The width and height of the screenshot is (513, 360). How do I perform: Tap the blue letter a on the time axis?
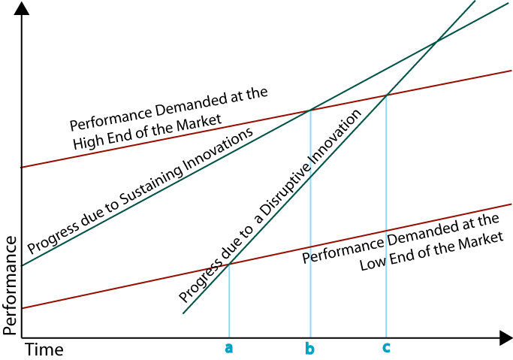tap(228, 348)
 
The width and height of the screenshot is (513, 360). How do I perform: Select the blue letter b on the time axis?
tap(309, 348)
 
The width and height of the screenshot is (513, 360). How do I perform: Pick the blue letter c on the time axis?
tap(386, 348)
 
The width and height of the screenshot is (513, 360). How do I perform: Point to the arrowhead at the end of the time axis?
tap(505, 338)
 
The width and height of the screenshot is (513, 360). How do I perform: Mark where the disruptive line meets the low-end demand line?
tap(228, 264)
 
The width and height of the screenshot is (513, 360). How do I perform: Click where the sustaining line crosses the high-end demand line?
tap(309, 111)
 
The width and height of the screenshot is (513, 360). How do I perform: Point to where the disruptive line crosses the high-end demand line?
tap(386, 95)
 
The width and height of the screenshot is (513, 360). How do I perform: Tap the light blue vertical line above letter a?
tap(228, 301)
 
